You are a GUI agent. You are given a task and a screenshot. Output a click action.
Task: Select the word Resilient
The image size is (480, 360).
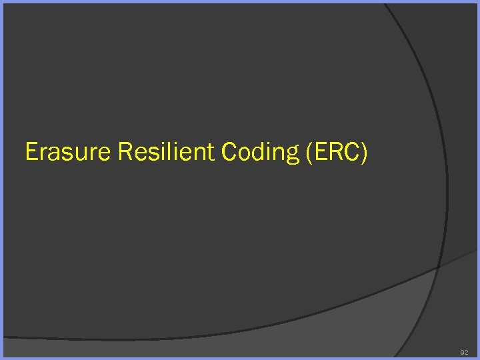pyautogui.click(x=166, y=153)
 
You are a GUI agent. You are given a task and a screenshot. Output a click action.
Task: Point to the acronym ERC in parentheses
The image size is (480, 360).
pyautogui.click(x=337, y=153)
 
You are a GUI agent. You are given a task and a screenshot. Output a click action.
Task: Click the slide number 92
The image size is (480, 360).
pyautogui.click(x=464, y=351)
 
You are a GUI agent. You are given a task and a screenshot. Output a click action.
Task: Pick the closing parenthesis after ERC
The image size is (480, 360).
pyautogui.click(x=363, y=153)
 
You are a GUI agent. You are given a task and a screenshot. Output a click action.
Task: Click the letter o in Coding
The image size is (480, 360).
pyautogui.click(x=244, y=155)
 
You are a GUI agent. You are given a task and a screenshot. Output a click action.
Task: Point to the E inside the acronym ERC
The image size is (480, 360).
pyautogui.click(x=320, y=153)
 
